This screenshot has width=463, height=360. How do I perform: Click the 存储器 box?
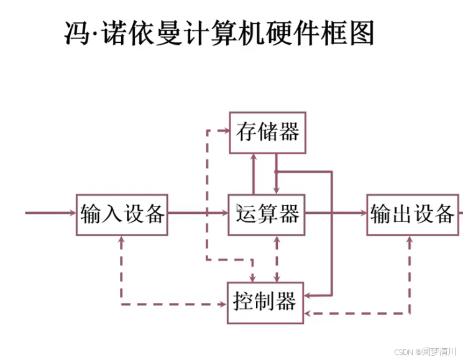[267, 132]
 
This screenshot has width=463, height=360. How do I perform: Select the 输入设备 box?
[122, 215]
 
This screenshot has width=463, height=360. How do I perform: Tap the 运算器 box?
[267, 215]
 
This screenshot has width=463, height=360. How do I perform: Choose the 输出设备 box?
[412, 215]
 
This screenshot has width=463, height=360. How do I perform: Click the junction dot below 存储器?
[275, 171]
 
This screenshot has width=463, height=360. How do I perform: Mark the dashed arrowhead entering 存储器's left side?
[224, 131]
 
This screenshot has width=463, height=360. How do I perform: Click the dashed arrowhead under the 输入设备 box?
[121, 241]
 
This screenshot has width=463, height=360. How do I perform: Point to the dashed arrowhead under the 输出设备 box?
[409, 241]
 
